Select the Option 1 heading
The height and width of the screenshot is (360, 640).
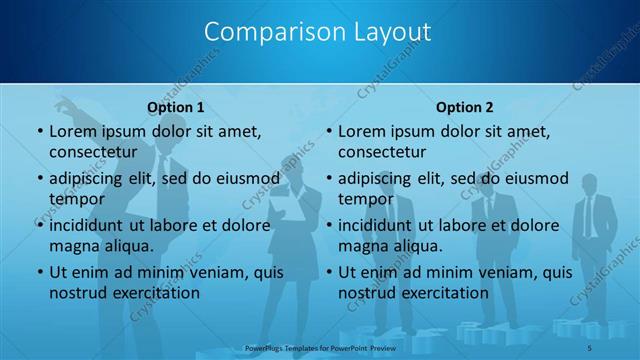pyautogui.click(x=176, y=106)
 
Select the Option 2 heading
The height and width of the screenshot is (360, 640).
pyautogui.click(x=465, y=106)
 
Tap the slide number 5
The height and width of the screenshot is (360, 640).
pyautogui.click(x=590, y=347)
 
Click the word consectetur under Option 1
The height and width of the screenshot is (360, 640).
pyautogui.click(x=92, y=152)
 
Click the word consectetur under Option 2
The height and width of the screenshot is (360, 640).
pyautogui.click(x=382, y=152)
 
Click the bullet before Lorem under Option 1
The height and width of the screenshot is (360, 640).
pyautogui.click(x=38, y=131)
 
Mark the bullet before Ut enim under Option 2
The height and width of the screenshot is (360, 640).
pyautogui.click(x=328, y=272)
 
